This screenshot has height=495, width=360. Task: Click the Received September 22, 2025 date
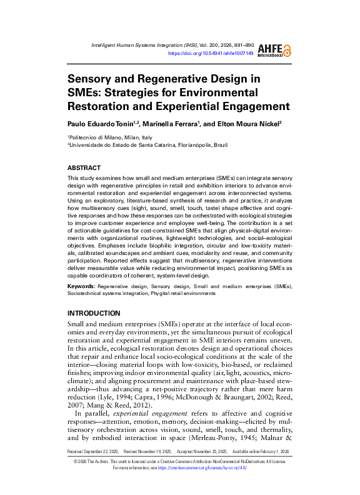click(x=92, y=467)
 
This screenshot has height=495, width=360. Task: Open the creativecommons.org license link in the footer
click(x=206, y=484)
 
